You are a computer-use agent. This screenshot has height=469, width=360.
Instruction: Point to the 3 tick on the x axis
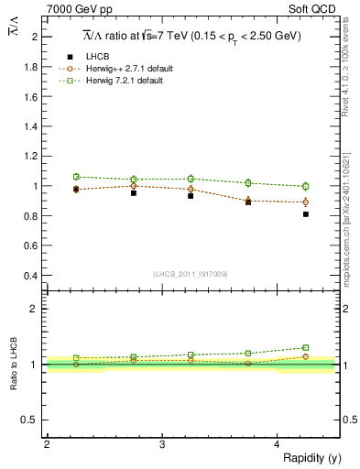161,444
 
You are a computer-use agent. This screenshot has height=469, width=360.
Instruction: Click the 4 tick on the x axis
278,444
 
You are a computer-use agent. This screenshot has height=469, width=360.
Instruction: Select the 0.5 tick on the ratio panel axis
31,420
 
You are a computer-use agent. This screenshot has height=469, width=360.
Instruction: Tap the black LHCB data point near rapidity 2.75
134,193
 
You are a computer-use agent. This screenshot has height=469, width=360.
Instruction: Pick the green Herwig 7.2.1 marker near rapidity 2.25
76,177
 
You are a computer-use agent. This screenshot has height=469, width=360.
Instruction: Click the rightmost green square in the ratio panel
306,347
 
